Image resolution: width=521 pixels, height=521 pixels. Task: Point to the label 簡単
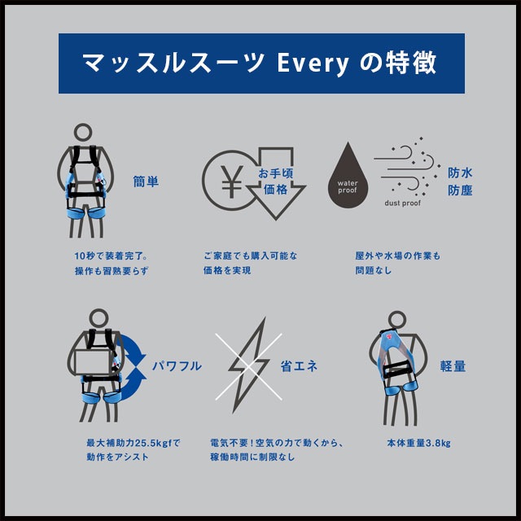coord(146,181)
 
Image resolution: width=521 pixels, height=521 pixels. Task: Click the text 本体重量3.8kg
coord(418,444)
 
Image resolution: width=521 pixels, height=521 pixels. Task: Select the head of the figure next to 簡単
coord(85,134)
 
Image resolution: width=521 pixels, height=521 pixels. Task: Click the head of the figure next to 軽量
coord(396,321)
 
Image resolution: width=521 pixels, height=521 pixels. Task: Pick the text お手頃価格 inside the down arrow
coord(274,181)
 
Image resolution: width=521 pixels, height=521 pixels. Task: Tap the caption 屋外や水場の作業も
coord(397,256)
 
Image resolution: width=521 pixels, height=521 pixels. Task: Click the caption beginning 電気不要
coord(277,444)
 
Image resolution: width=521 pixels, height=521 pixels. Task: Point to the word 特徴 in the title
coord(413,63)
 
